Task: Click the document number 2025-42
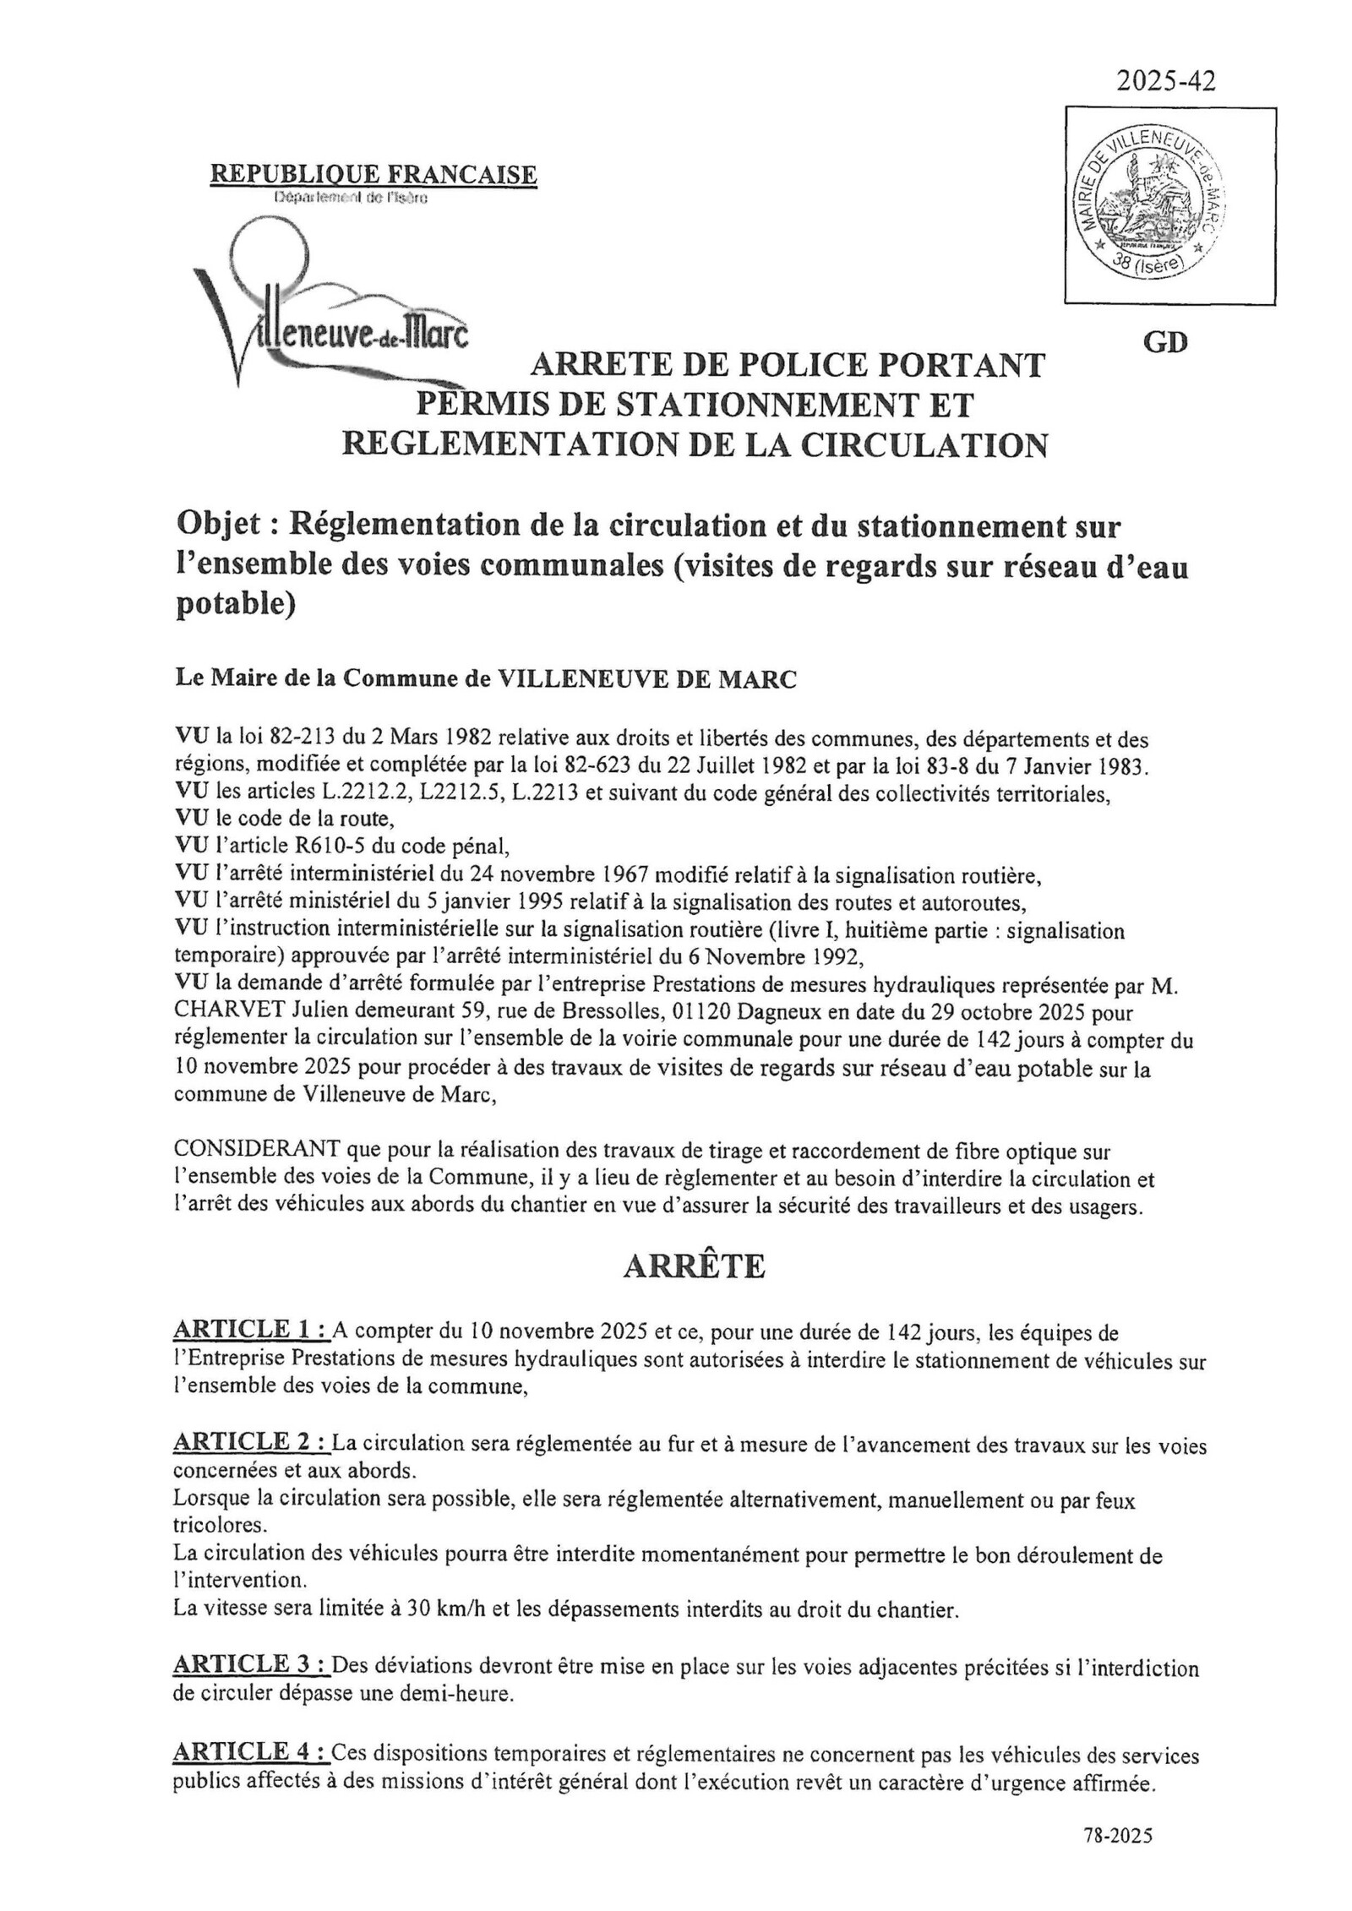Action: tap(1165, 81)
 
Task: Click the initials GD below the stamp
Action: tap(1165, 343)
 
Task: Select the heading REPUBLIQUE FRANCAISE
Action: tap(373, 174)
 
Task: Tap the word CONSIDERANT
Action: tap(257, 1151)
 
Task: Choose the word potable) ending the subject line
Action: tap(234, 607)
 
